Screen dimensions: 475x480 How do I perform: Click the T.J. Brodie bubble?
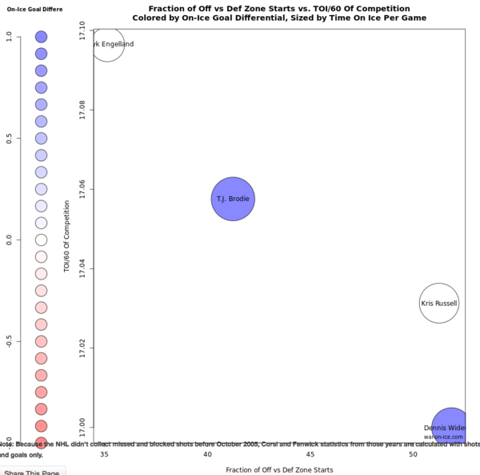(x=233, y=199)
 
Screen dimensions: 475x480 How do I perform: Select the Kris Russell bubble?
(x=438, y=304)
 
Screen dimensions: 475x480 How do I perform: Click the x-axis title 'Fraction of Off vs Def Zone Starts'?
(x=279, y=469)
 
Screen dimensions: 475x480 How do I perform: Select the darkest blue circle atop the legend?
(x=42, y=37)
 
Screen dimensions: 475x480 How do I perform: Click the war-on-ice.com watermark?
(x=443, y=437)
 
